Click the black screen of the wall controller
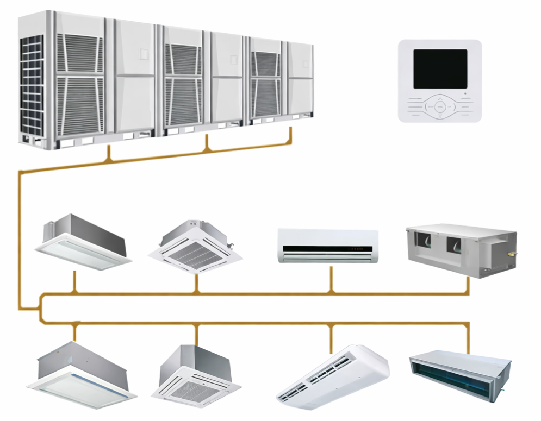pyautogui.click(x=440, y=69)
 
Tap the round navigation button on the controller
pyautogui.click(x=439, y=107)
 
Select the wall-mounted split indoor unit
pyautogui.click(x=328, y=246)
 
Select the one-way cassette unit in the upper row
pyautogui.click(x=84, y=242)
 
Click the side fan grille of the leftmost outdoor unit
pyautogui.click(x=32, y=87)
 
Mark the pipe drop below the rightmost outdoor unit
pyautogui.click(x=291, y=136)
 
